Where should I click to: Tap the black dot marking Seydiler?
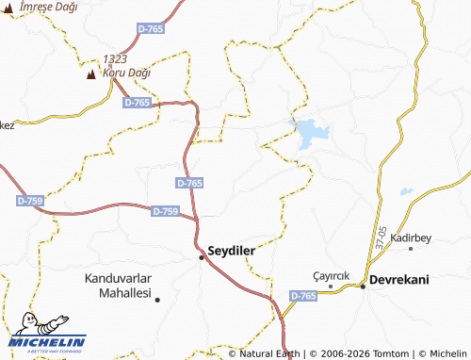tap(201, 256)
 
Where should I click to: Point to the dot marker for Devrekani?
tap(363, 286)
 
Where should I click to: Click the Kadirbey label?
tap(411, 237)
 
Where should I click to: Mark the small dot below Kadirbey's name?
tap(411, 249)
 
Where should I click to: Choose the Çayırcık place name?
tap(332, 275)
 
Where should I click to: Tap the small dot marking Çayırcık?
tap(331, 286)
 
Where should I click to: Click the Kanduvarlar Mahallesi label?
tap(119, 286)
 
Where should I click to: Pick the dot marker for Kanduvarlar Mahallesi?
tap(157, 300)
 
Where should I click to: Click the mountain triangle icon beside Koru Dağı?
tap(91, 74)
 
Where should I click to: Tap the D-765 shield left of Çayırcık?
tap(303, 296)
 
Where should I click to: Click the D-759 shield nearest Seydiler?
tap(165, 212)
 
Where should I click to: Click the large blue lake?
tap(311, 135)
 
